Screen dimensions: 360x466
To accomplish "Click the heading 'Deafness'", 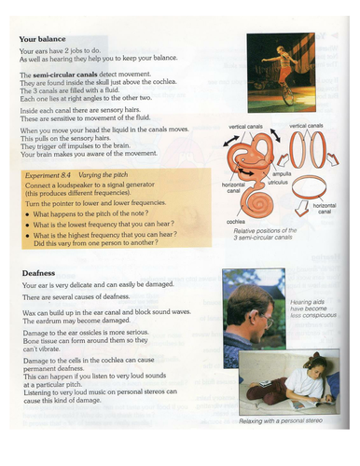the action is (40, 273).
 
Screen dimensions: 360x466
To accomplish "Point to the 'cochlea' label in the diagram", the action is (236, 221).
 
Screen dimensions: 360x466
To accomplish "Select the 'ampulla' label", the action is (281, 174).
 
